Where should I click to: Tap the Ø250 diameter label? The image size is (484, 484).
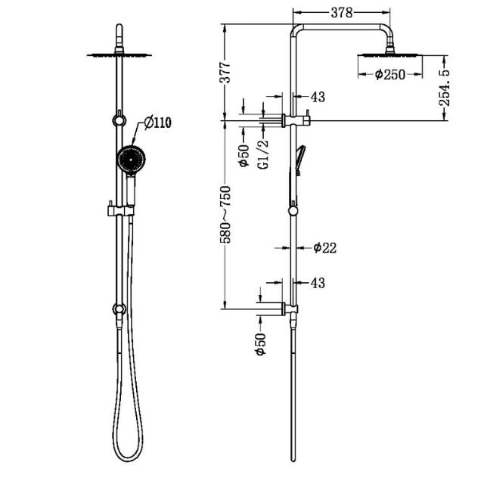click(x=390, y=74)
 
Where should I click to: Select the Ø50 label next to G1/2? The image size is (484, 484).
click(x=244, y=155)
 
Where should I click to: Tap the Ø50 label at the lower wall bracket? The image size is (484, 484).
click(x=261, y=344)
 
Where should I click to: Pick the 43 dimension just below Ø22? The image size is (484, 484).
click(x=318, y=283)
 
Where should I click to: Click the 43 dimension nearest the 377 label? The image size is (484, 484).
click(x=318, y=97)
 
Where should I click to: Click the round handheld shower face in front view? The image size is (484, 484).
click(x=130, y=160)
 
